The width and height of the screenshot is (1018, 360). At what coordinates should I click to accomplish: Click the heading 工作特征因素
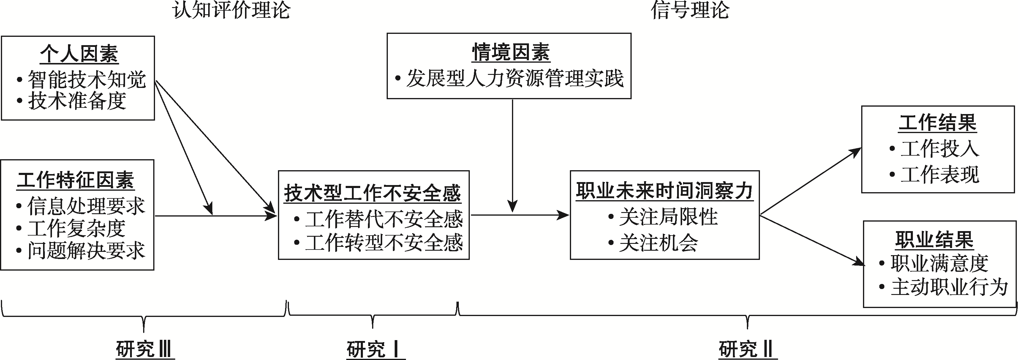(75, 180)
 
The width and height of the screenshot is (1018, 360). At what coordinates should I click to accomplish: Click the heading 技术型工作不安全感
(373, 193)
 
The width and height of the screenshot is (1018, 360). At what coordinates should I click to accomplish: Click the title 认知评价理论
(232, 10)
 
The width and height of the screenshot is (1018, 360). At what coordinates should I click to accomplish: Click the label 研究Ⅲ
(144, 349)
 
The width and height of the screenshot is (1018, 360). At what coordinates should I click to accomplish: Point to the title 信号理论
(690, 10)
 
